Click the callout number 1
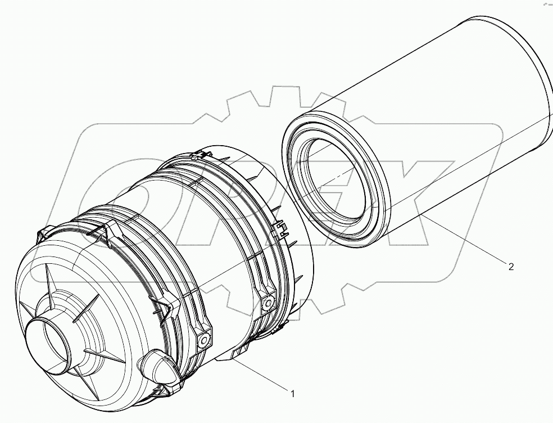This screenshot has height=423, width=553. pyautogui.click(x=292, y=394)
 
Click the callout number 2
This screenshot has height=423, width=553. pyautogui.click(x=510, y=267)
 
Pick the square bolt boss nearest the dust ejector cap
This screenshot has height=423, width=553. pyautogui.click(x=203, y=337)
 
